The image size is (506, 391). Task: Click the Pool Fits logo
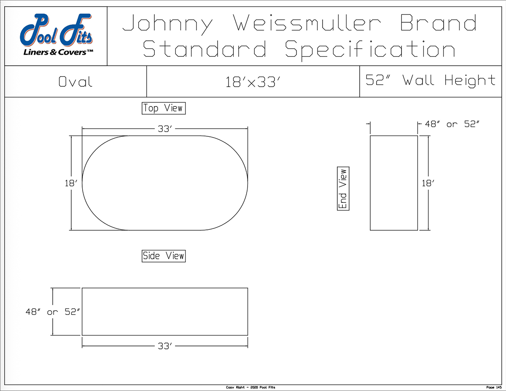click(56, 35)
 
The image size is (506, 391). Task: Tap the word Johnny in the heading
click(167, 25)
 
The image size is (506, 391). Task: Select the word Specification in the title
click(370, 51)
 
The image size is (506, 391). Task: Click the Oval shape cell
click(75, 82)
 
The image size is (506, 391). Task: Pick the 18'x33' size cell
click(253, 82)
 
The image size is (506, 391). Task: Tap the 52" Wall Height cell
click(431, 82)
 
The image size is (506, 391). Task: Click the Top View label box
click(164, 108)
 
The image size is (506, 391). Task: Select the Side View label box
click(164, 256)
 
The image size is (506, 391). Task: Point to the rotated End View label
click(343, 189)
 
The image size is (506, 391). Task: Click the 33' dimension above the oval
click(165, 129)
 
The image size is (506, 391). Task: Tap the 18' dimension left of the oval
click(71, 184)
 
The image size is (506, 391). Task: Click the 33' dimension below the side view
click(165, 346)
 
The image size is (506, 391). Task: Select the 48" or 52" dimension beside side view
click(53, 312)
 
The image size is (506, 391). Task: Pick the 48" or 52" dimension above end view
click(452, 124)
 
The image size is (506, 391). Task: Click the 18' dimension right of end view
click(428, 184)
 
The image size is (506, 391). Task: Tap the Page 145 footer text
click(494, 387)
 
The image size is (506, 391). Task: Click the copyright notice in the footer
click(250, 387)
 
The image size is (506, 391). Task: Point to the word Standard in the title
click(205, 49)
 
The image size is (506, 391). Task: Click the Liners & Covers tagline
click(58, 52)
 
